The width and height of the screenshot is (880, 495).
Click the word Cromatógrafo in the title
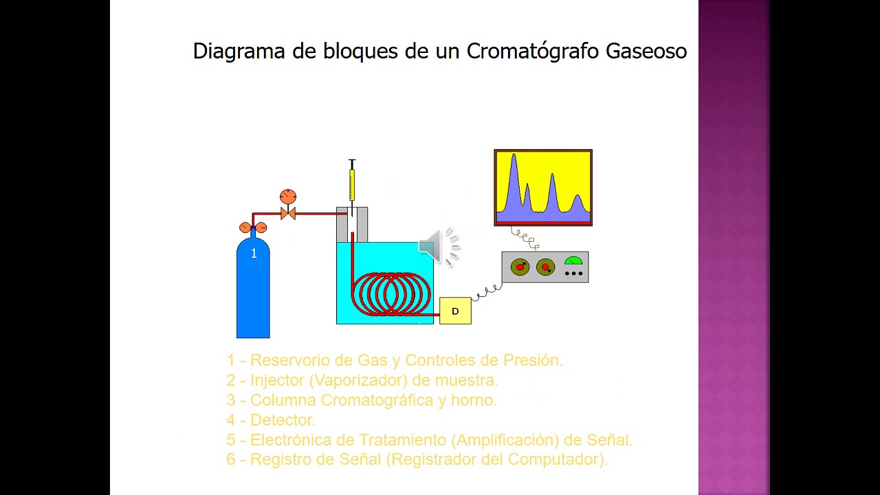pyautogui.click(x=533, y=52)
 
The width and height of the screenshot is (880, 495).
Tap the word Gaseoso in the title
pyautogui.click(x=646, y=52)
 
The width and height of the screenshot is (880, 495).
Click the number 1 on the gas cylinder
pyautogui.click(x=254, y=254)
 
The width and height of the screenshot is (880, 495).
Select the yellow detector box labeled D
pyautogui.click(x=455, y=311)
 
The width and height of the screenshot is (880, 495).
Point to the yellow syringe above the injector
pyautogui.click(x=352, y=184)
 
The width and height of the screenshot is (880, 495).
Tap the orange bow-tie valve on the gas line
pyautogui.click(x=288, y=214)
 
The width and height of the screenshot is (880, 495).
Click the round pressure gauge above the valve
pyautogui.click(x=288, y=197)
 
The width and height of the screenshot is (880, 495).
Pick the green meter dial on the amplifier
pyautogui.click(x=573, y=261)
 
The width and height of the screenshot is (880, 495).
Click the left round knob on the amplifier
pyautogui.click(x=520, y=267)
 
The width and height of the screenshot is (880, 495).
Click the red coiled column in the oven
pyautogui.click(x=393, y=294)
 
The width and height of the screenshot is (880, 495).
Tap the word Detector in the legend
pyautogui.click(x=283, y=419)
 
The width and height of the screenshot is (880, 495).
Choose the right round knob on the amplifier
pyautogui.click(x=546, y=267)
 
